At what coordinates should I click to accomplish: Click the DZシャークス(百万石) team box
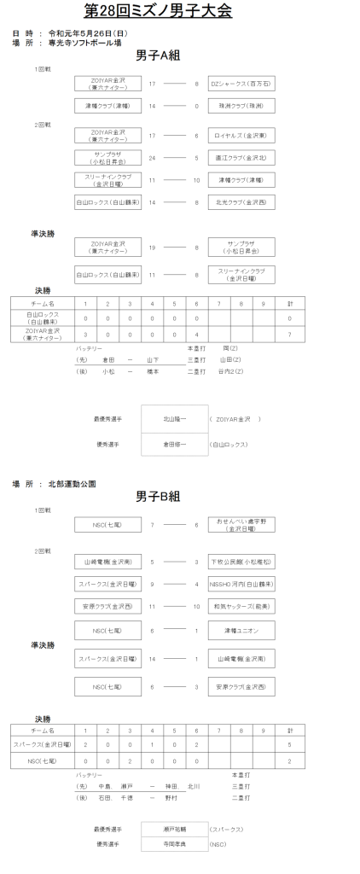tap(241, 84)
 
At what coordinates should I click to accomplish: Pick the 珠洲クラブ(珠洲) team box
tap(241, 107)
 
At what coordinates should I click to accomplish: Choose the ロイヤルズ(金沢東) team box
tap(241, 136)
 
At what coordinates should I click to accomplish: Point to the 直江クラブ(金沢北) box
tap(241, 158)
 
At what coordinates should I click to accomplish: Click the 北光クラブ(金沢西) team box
tap(241, 202)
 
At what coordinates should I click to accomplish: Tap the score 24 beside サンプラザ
tap(152, 158)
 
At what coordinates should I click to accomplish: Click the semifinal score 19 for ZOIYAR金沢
tap(152, 247)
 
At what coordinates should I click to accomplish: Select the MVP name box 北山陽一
tap(173, 419)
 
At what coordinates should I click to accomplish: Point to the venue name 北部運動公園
tap(73, 483)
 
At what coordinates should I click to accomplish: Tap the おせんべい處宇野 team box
tap(241, 525)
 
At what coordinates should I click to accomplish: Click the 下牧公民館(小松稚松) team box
tap(241, 562)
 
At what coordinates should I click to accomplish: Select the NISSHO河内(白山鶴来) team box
tap(241, 585)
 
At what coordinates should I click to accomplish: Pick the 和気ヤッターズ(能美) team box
tap(241, 607)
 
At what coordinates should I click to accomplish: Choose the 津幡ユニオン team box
tap(241, 630)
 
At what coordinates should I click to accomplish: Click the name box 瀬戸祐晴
tap(173, 829)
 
